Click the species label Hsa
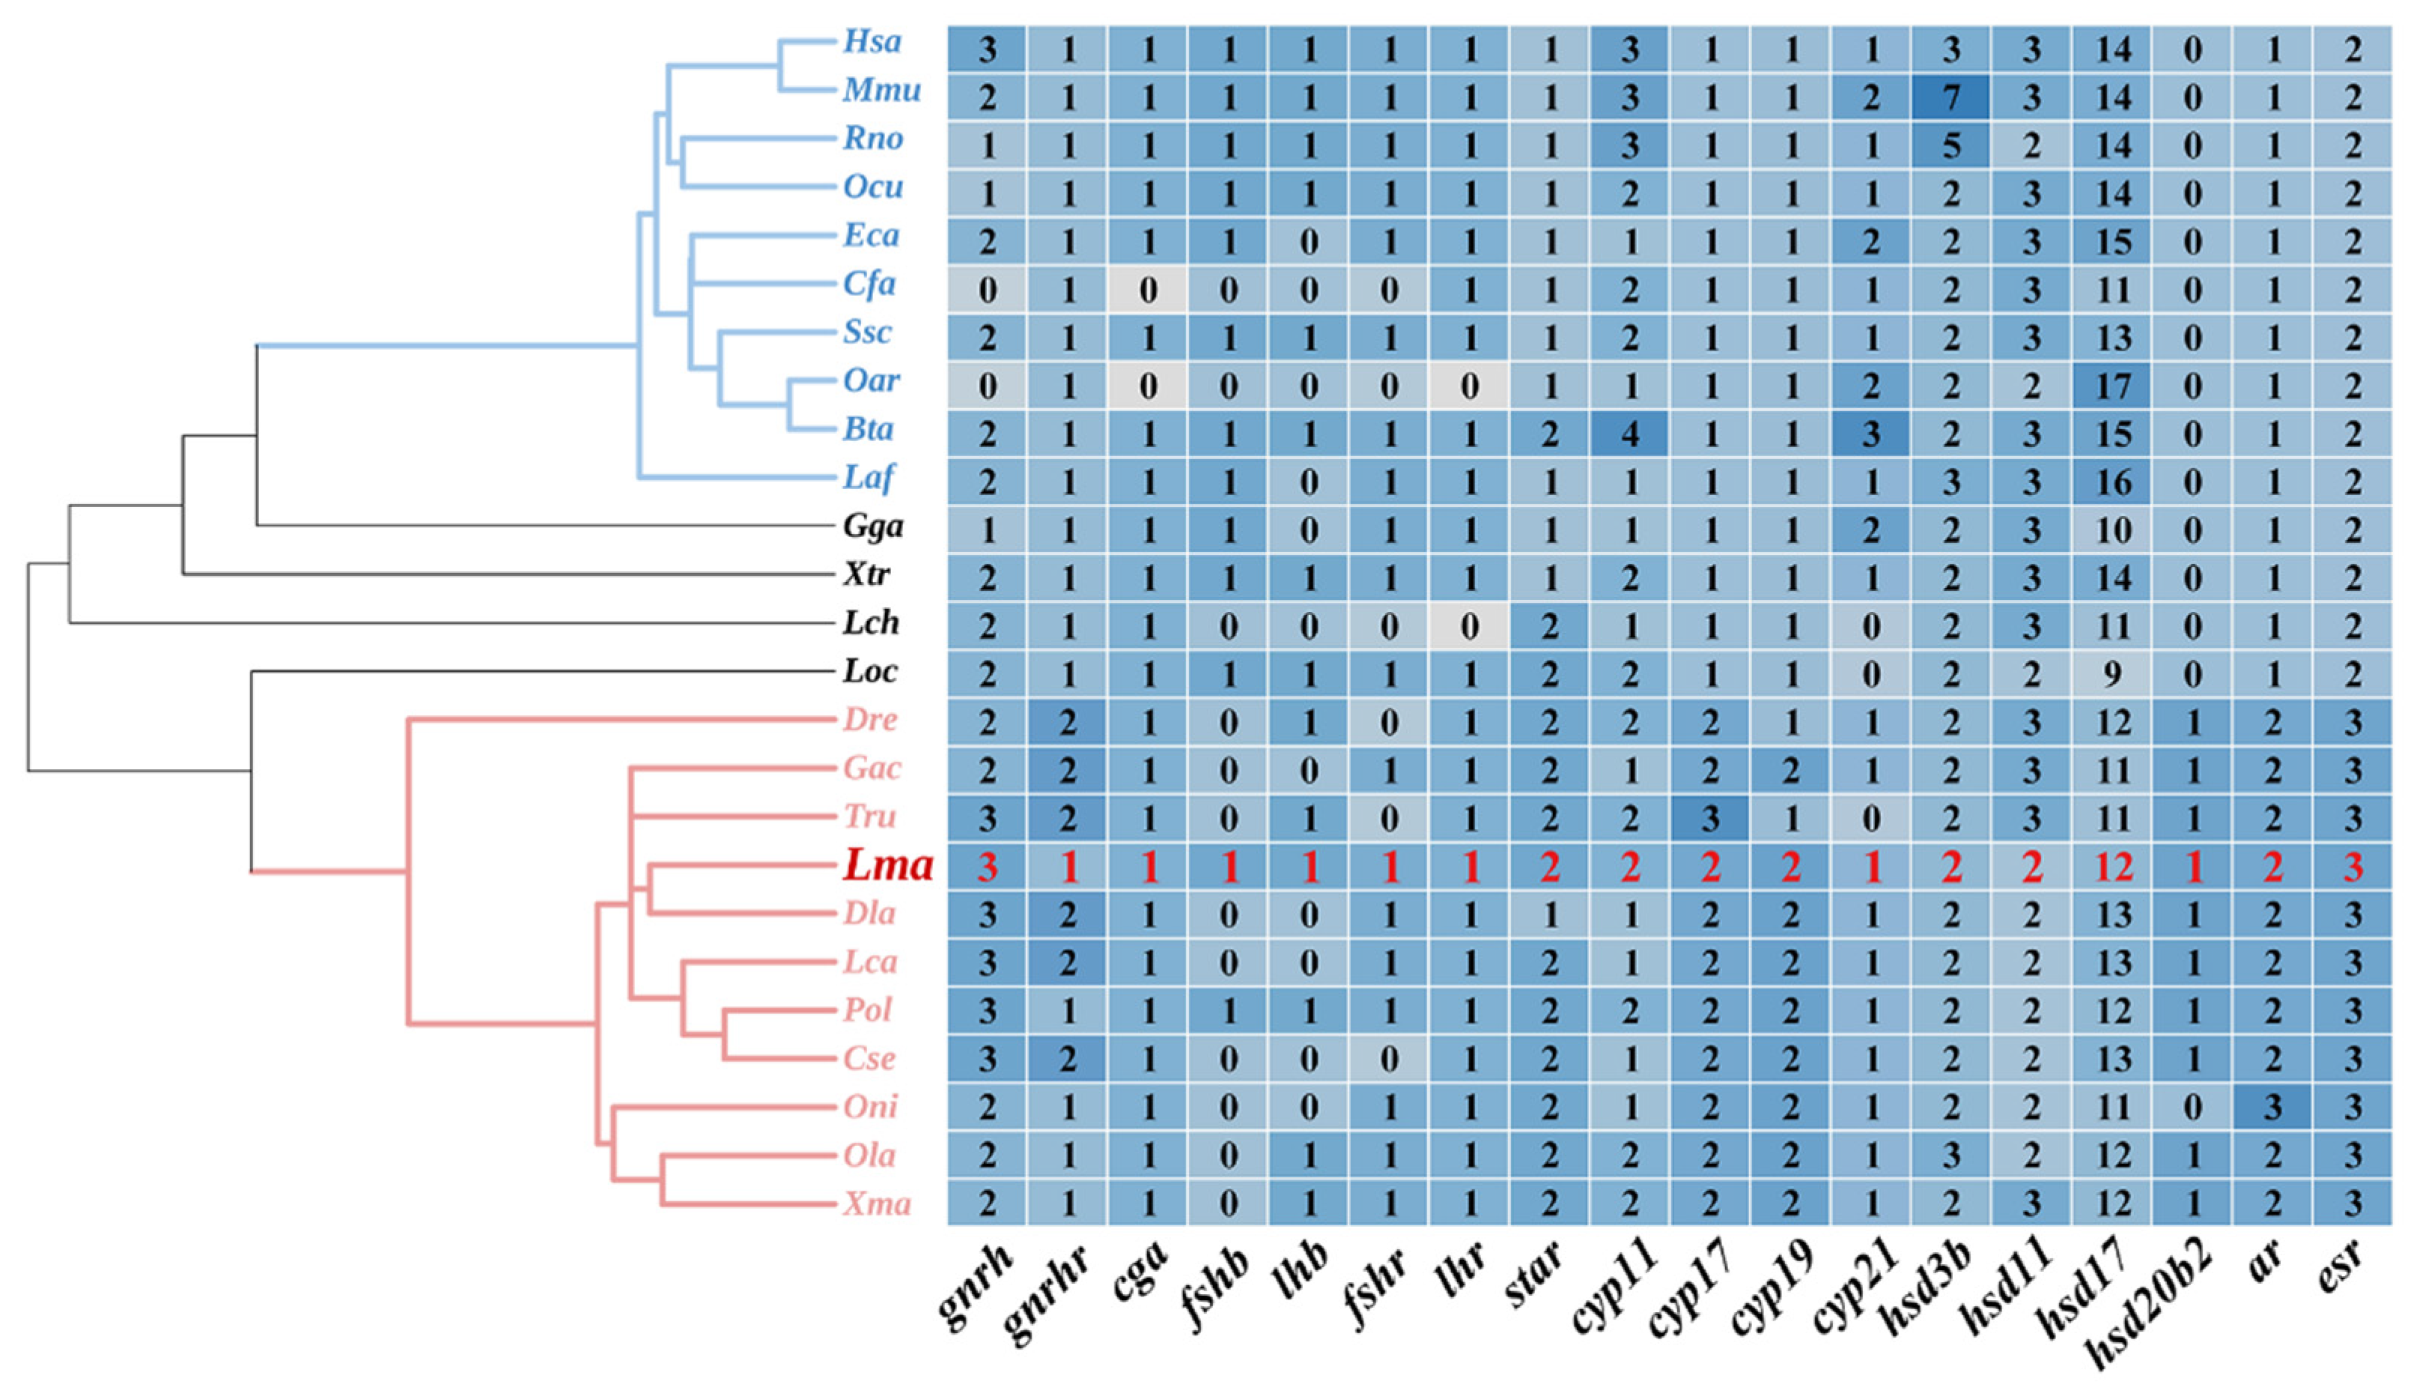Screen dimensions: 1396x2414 [872, 41]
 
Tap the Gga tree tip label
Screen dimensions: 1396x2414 [873, 526]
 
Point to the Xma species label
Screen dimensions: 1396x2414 [877, 1203]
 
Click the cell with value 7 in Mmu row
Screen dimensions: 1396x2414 [1951, 97]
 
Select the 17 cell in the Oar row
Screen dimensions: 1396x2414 [2112, 386]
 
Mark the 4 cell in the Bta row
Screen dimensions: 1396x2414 [1629, 434]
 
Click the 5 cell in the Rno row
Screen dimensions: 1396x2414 [1951, 145]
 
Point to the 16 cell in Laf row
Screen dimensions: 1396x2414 [2112, 482]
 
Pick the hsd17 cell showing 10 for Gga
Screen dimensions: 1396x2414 [2112, 529]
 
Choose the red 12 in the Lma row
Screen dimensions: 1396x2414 [2112, 867]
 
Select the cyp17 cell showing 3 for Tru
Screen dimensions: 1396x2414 [1710, 819]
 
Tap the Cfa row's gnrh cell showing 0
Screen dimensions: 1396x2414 [987, 289]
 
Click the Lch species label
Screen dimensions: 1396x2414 [871, 623]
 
